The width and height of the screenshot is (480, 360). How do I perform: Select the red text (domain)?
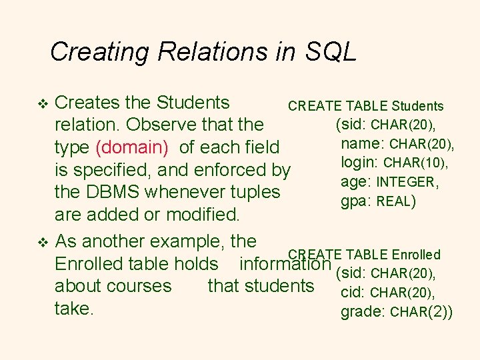132,147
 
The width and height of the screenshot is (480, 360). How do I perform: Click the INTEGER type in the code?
407,182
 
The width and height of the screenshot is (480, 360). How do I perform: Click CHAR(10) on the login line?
415,163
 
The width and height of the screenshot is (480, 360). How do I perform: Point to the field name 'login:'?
359,163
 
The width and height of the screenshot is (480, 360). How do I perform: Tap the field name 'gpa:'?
355,201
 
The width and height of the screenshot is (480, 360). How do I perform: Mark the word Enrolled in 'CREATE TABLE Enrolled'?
416,255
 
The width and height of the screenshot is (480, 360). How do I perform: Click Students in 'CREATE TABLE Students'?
417,106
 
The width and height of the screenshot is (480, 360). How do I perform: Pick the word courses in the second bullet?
142,286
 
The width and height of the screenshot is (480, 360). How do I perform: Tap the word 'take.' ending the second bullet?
73,309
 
